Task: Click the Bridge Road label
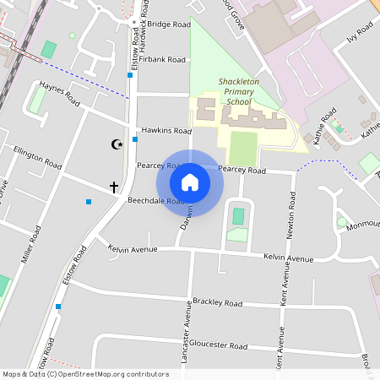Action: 170,25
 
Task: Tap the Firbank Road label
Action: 164,60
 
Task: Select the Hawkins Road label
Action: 166,131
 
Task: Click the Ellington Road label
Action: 37,156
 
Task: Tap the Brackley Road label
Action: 217,302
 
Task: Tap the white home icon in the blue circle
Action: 189,182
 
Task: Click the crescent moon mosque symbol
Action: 117,144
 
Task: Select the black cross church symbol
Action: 114,186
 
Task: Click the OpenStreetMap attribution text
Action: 85,374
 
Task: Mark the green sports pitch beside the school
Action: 242,149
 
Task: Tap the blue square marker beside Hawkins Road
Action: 135,138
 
